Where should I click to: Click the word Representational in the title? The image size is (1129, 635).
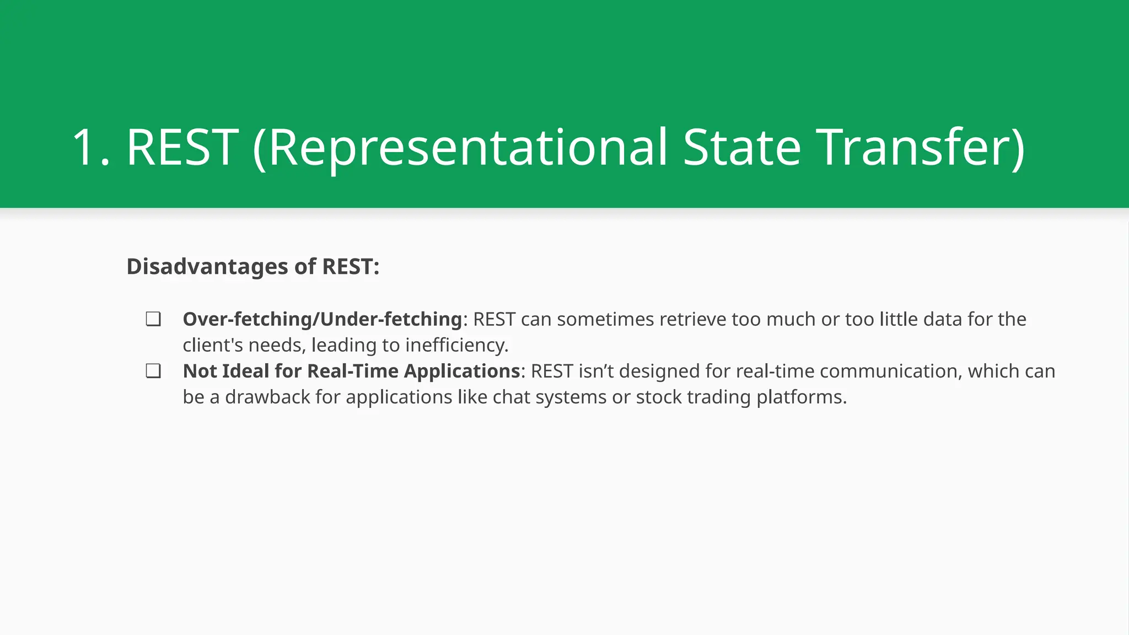467,148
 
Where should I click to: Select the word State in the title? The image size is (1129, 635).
741,148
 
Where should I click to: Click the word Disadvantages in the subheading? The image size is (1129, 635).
207,267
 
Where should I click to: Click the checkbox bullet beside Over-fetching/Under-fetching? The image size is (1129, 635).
153,319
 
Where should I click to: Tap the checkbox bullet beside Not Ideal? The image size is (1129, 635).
153,371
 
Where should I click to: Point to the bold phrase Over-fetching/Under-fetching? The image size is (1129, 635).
322,319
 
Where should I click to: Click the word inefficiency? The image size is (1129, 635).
456,345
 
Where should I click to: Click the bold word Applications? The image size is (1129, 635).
462,371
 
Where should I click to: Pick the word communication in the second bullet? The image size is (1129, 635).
890,371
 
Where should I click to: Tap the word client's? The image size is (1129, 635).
213,345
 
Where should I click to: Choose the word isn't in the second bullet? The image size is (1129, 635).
596,371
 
